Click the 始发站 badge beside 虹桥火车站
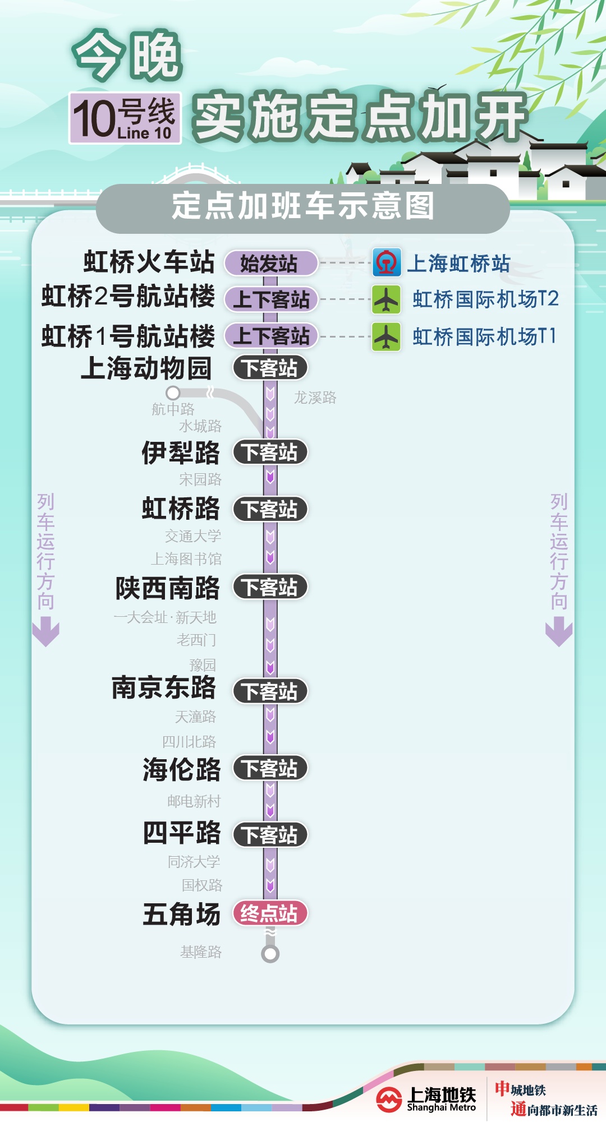(x=270, y=264)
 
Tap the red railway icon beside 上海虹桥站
(x=387, y=262)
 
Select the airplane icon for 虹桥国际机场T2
(x=386, y=299)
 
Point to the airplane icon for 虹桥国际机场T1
(x=386, y=337)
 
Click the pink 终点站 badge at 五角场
(x=270, y=913)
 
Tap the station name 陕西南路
(x=167, y=588)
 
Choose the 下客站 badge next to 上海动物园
(x=270, y=368)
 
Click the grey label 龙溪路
(x=315, y=398)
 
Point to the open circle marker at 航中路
(x=173, y=393)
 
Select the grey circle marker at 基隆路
(x=270, y=953)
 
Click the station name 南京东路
(x=164, y=687)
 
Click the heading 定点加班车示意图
(x=303, y=206)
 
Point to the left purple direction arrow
(x=46, y=631)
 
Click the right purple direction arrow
(x=559, y=631)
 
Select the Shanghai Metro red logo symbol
(x=389, y=1100)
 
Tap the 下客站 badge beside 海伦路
(x=270, y=769)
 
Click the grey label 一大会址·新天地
(x=165, y=617)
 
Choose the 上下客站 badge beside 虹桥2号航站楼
(x=270, y=299)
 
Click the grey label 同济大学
(x=194, y=861)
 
